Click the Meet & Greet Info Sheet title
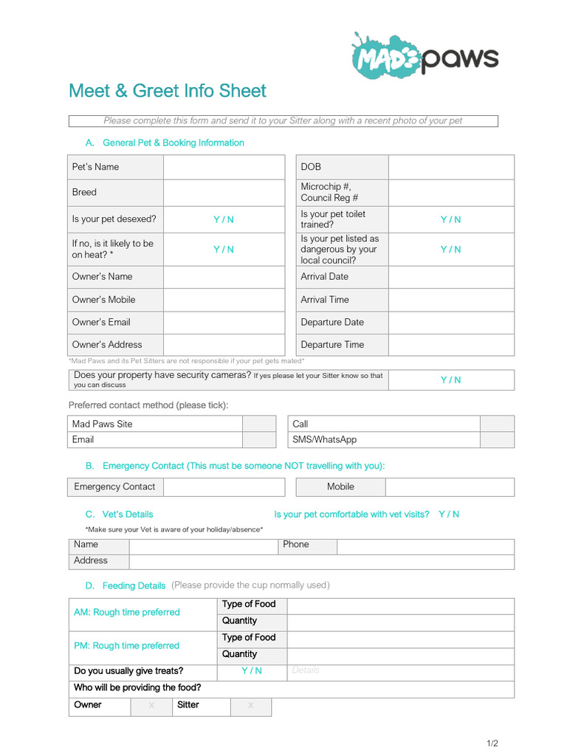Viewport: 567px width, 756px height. [167, 91]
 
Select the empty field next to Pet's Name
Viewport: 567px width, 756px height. [224, 167]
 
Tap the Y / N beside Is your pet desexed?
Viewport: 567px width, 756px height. [224, 219]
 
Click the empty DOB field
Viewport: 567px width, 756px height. [451, 167]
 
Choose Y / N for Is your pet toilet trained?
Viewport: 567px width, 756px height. [451, 219]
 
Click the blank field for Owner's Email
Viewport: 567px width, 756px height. [224, 322]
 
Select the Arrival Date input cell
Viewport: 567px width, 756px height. [451, 276]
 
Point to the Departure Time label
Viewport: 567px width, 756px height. [332, 345]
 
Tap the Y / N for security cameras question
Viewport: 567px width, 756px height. [451, 379]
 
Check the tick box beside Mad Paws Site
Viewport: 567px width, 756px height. [259, 424]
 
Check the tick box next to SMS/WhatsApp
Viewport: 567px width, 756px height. [497, 439]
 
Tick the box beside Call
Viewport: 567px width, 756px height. [497, 424]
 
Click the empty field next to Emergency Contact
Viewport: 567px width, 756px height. [224, 487]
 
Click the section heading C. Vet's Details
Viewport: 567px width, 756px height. [120, 514]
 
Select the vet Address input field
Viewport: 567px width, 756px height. [321, 561]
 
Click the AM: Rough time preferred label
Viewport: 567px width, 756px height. [127, 612]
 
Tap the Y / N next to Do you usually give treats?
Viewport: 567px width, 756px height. [252, 670]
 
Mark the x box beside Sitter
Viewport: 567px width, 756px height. [250, 705]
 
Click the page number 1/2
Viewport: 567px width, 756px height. [492, 743]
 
